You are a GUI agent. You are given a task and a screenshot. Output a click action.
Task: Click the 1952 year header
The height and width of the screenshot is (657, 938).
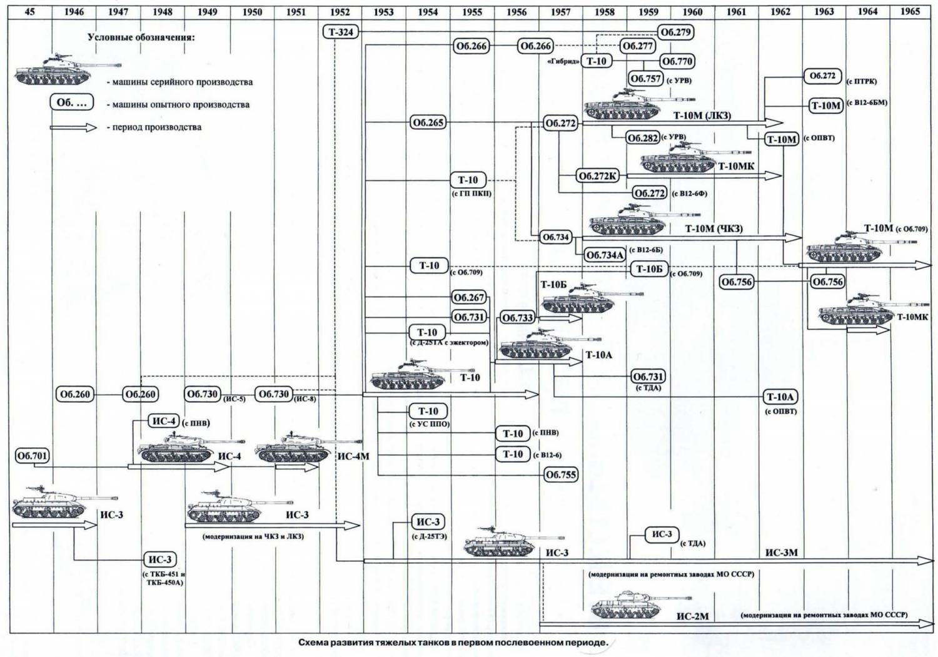[340, 12]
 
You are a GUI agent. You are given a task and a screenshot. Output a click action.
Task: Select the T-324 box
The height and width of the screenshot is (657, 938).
[341, 31]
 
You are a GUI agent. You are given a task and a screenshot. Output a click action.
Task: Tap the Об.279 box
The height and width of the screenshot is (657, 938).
[676, 32]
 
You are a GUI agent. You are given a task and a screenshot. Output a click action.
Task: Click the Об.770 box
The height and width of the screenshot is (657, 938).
[677, 61]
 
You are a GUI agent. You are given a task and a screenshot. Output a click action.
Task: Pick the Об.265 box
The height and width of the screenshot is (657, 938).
[428, 123]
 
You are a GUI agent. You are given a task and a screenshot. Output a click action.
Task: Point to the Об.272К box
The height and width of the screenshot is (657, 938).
[597, 176]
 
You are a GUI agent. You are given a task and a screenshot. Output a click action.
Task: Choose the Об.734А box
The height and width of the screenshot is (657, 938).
[605, 255]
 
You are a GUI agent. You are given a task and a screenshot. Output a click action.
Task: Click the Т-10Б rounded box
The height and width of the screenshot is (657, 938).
[649, 269]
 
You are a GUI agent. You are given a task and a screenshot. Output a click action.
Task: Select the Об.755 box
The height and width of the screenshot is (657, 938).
[560, 474]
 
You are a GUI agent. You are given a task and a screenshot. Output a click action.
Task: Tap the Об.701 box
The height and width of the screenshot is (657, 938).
[32, 456]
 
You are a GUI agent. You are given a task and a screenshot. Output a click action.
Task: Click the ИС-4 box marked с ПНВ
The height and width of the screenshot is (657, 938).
[164, 421]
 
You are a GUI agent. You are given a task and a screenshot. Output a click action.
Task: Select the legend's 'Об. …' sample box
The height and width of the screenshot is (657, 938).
[72, 103]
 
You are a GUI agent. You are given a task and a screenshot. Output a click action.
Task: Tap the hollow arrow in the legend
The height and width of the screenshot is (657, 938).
[74, 127]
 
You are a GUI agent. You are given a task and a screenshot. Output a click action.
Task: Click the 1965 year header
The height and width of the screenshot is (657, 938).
[910, 12]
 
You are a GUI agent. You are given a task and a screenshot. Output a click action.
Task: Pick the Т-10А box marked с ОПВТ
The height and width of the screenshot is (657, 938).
[780, 397]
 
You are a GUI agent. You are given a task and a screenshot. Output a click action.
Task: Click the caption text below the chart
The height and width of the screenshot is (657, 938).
[453, 643]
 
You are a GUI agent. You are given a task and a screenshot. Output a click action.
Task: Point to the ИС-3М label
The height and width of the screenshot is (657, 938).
[781, 553]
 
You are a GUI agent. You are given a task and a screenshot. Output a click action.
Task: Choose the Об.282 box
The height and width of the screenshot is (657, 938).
[643, 138]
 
